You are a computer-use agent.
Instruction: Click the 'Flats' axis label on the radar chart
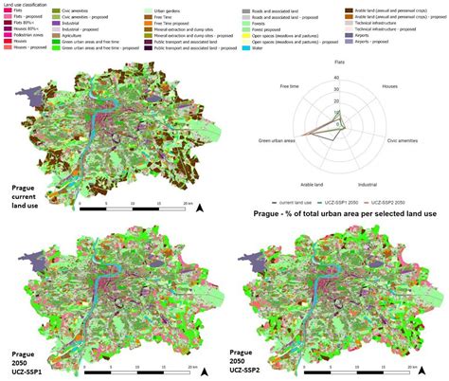[339, 62]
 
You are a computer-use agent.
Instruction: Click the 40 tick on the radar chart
[336, 76]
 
